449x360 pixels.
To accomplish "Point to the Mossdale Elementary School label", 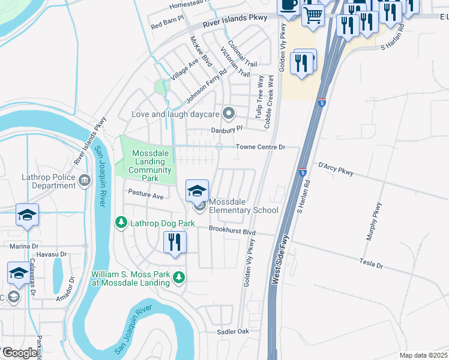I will point(244,210).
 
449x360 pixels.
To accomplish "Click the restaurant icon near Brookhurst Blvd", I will point(175,242).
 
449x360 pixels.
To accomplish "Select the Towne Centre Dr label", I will point(259,147).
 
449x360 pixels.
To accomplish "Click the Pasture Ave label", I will point(146,196).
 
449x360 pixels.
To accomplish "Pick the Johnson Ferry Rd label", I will point(206,85).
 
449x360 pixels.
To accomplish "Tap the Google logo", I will point(19,353).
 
